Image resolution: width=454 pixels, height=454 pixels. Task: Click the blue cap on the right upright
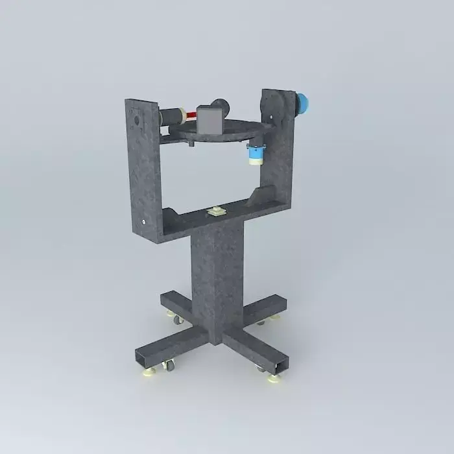click(304, 103)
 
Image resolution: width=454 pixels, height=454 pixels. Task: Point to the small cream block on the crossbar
click(215, 212)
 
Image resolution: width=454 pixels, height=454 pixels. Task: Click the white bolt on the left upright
click(143, 224)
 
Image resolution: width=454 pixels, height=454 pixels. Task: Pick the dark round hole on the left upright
click(136, 121)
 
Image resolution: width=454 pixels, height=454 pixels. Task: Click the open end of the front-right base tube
click(279, 368)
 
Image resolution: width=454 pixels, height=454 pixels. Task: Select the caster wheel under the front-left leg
click(170, 367)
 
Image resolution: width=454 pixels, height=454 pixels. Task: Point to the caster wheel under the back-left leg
click(177, 320)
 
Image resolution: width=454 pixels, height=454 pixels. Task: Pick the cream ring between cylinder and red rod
click(185, 116)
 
